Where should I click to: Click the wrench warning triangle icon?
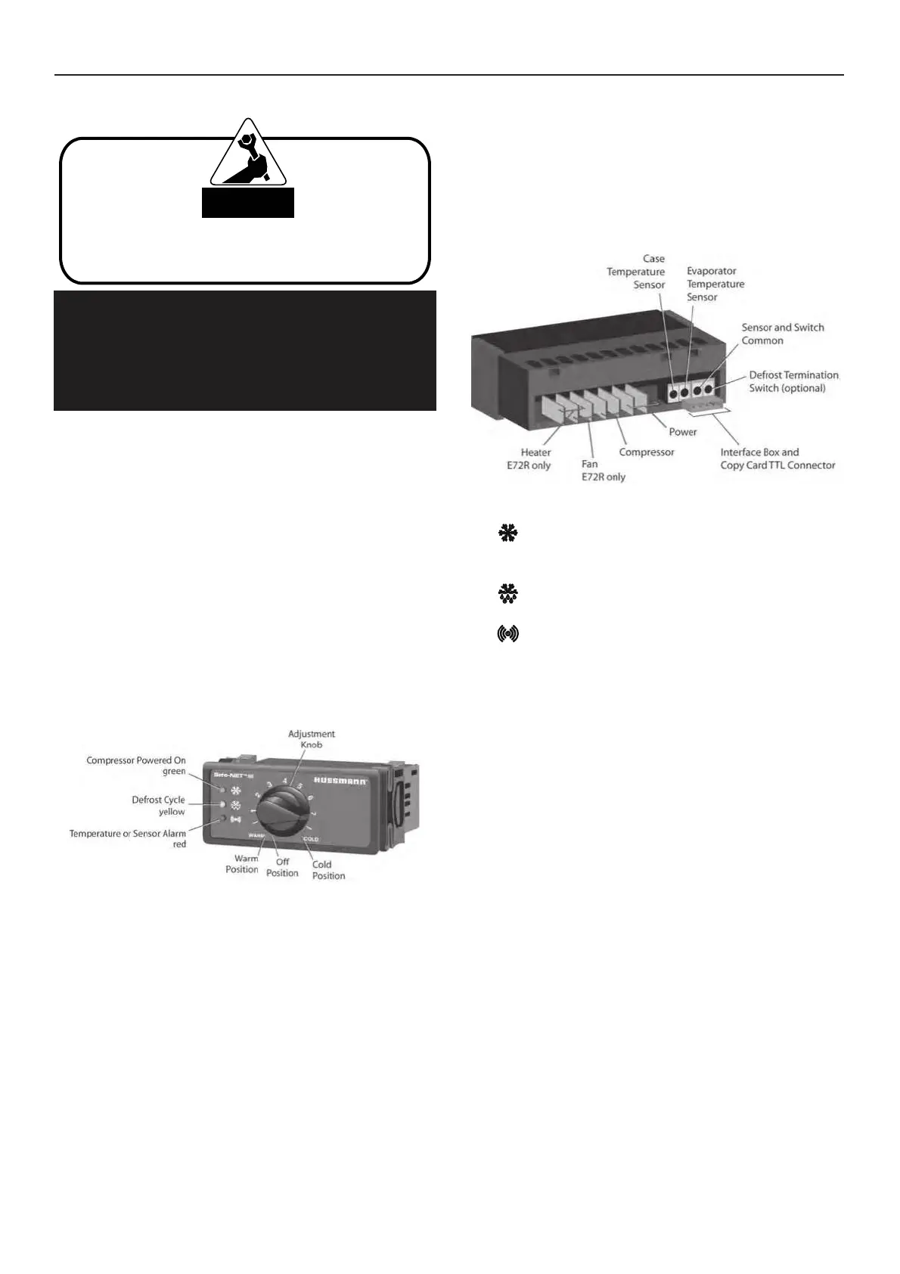tap(248, 155)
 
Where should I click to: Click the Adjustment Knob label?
tap(311, 739)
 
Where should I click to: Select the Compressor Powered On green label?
tap(136, 766)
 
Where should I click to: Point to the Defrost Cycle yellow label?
tap(158, 806)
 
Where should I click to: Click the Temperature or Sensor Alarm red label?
tap(128, 838)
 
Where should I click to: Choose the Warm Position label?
tap(242, 864)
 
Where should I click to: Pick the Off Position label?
tap(282, 867)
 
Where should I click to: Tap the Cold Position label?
tap(328, 870)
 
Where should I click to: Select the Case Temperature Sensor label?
tap(636, 272)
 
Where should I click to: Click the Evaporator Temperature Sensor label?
tap(715, 284)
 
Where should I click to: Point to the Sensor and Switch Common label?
tap(782, 334)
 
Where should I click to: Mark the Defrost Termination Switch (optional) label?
tap(793, 381)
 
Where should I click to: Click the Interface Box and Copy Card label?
tap(777, 458)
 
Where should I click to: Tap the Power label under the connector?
tap(683, 432)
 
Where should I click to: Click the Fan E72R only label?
tap(603, 471)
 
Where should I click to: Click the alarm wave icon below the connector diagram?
tap(508, 634)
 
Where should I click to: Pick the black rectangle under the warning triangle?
tap(247, 203)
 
